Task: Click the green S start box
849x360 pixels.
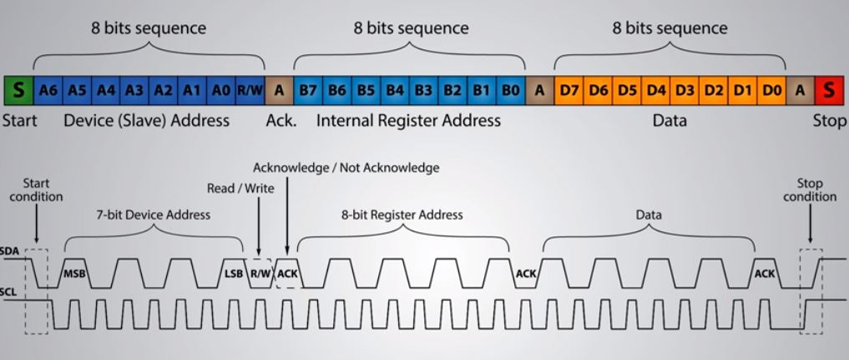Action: [19, 89]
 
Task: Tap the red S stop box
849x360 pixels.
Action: [828, 89]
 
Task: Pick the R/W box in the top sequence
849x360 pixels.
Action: [250, 89]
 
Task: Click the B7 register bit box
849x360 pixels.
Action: [307, 89]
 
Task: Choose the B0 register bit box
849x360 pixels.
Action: [511, 89]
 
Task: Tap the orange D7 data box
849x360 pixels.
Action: [569, 89]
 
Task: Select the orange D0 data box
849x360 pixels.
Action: [771, 89]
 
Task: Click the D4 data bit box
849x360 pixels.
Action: [656, 89]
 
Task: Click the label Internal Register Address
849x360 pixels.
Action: [408, 121]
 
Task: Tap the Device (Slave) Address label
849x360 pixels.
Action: [146, 121]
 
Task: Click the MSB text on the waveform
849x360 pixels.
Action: [76, 273]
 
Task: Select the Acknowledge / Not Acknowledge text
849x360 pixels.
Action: [346, 168]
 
